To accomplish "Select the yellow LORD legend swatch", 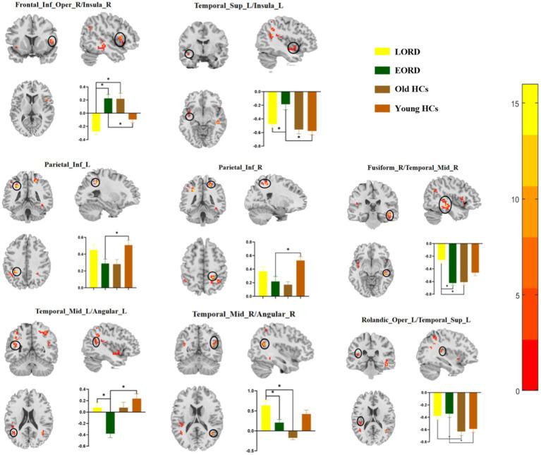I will (x=384, y=51).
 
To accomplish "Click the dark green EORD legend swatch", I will (x=384, y=70).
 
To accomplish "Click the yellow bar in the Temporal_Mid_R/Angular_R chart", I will (x=265, y=418).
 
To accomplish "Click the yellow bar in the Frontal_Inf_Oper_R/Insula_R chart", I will (x=95, y=122).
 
